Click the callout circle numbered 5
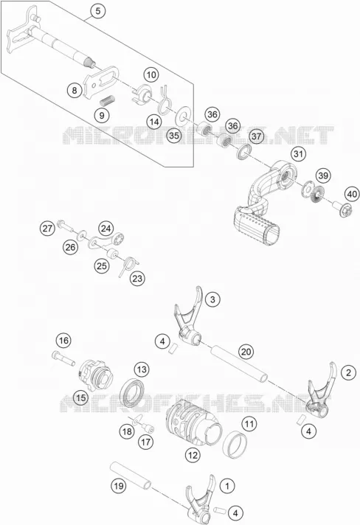97,11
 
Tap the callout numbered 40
352,194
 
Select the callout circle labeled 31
298,154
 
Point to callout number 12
193,456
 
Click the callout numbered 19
119,485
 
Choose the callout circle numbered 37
256,136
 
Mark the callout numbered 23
137,278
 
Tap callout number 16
63,341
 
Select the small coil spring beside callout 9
108,100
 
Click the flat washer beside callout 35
184,116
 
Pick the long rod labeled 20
239,364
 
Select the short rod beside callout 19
131,476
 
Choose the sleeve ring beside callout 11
235,444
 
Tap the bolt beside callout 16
63,358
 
